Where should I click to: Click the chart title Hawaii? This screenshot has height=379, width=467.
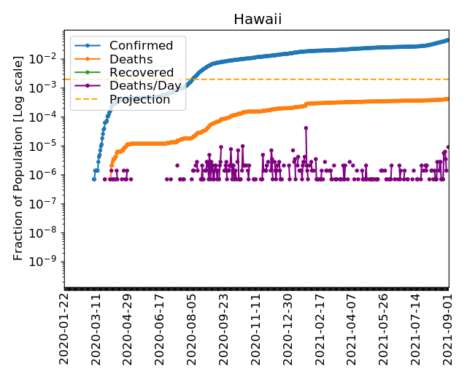(257, 19)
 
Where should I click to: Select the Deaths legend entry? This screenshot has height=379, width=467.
(131, 59)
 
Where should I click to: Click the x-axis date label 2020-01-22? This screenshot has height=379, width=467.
(64, 331)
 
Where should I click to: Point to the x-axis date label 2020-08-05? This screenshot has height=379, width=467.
(193, 331)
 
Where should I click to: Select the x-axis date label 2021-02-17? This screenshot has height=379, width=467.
(320, 331)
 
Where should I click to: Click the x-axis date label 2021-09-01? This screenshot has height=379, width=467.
(449, 331)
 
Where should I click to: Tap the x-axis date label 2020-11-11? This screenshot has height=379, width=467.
(256, 331)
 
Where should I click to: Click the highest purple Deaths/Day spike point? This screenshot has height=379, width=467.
(306, 128)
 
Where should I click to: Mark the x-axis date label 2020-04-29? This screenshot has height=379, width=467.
(128, 331)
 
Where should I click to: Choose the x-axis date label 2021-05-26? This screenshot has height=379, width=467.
(385, 331)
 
